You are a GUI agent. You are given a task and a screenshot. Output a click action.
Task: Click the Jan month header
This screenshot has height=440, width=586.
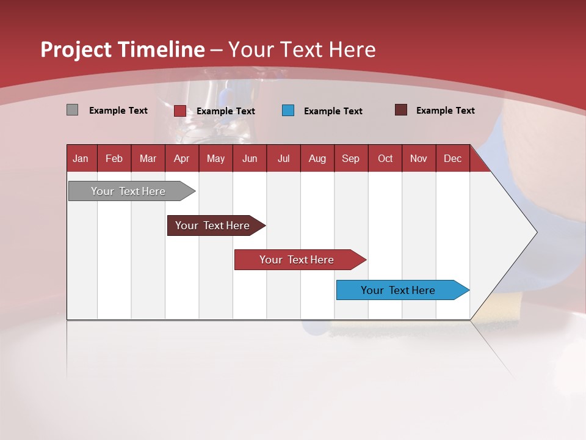(x=81, y=159)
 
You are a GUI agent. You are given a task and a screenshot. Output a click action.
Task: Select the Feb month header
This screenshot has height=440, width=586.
(x=114, y=159)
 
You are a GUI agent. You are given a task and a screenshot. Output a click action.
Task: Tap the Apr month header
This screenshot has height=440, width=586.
(x=181, y=159)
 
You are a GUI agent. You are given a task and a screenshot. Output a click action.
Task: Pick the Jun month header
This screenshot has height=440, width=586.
(x=250, y=159)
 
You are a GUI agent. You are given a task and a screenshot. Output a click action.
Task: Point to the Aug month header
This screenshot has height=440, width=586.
(x=317, y=159)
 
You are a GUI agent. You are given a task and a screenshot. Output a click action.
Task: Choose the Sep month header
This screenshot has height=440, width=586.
(x=350, y=159)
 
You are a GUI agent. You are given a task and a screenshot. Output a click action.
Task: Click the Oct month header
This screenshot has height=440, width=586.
(x=385, y=159)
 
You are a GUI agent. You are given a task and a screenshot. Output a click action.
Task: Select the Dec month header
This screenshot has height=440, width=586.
(x=452, y=159)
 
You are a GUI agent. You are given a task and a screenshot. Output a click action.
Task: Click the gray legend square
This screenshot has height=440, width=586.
(x=72, y=110)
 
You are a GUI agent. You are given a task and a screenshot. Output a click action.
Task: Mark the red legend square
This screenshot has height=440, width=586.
(x=180, y=111)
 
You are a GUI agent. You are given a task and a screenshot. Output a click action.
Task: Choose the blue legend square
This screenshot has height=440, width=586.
(x=288, y=111)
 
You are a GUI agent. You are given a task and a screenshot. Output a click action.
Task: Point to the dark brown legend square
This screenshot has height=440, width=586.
(x=401, y=110)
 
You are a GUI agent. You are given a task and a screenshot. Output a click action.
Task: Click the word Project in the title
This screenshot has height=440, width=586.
(x=76, y=50)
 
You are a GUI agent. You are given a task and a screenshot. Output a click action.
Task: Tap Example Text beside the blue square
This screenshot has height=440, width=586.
(x=333, y=111)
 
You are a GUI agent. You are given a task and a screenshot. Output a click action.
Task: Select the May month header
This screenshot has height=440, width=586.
(x=215, y=159)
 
